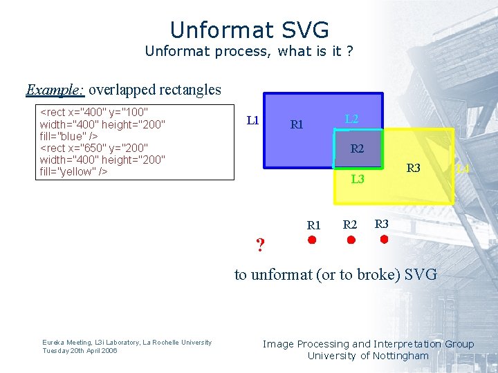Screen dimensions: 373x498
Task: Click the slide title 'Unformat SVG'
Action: coord(249,30)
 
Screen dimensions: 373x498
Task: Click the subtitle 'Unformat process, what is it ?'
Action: coord(249,51)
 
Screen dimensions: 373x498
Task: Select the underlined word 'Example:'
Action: coord(55,90)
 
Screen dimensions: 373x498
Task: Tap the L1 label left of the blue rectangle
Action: coord(252,120)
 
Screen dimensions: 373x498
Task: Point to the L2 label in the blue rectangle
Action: coord(351,119)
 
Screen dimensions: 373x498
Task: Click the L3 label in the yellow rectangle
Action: coord(358,180)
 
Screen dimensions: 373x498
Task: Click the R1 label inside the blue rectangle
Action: coord(297,125)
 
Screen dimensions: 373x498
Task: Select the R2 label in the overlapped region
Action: coord(357,149)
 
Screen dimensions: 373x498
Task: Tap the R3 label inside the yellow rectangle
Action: coord(413,168)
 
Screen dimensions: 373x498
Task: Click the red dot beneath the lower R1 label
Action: coord(312,240)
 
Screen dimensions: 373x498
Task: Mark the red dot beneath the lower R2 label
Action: coord(351,240)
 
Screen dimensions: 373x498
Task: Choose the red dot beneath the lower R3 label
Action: coord(384,239)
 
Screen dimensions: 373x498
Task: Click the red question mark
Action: coord(260,245)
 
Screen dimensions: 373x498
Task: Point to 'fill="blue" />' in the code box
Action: coord(68,136)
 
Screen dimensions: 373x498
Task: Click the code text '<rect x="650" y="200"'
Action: coord(94,148)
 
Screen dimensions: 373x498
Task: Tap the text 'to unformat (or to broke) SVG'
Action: coord(335,274)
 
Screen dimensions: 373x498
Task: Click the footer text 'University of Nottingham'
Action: coord(368,356)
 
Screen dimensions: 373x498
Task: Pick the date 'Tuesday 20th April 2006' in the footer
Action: coord(80,350)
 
